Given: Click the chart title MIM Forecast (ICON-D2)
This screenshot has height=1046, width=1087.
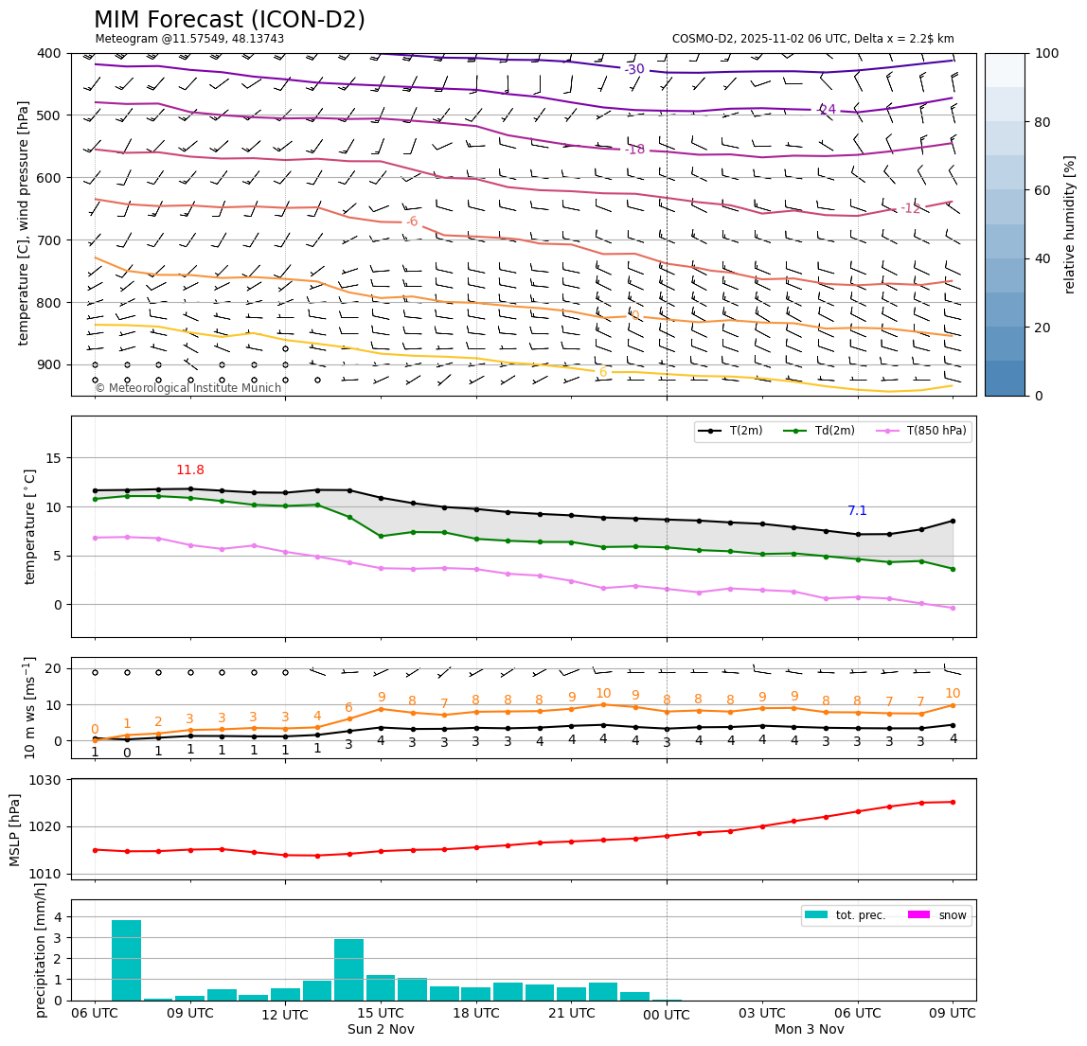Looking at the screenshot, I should click(229, 20).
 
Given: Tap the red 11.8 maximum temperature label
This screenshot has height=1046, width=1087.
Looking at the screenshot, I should click(190, 470).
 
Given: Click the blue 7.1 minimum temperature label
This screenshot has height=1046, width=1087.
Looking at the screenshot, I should click(857, 511).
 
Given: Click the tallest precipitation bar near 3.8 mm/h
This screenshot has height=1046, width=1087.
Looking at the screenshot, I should click(126, 960).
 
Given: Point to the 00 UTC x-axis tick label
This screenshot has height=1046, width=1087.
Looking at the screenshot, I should click(667, 1015).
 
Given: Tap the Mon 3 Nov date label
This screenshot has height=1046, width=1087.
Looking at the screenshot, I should click(809, 1029).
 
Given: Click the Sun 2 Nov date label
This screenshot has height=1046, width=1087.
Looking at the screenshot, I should click(381, 1029).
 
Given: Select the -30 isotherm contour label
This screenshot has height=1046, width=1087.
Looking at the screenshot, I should click(633, 69).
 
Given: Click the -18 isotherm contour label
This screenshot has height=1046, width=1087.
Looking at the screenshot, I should click(633, 150).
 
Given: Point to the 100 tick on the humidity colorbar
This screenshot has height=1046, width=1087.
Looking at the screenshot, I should click(1046, 53).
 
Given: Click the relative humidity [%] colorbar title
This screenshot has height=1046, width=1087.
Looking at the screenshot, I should click(1069, 224).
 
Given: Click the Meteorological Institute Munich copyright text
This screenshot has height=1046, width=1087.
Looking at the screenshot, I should click(187, 388).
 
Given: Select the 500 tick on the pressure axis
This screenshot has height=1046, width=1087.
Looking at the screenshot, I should click(49, 115).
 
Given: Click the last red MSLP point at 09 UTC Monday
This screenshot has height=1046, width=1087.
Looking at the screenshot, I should click(953, 802).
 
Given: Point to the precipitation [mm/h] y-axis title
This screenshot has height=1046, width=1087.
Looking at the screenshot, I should click(41, 949).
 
